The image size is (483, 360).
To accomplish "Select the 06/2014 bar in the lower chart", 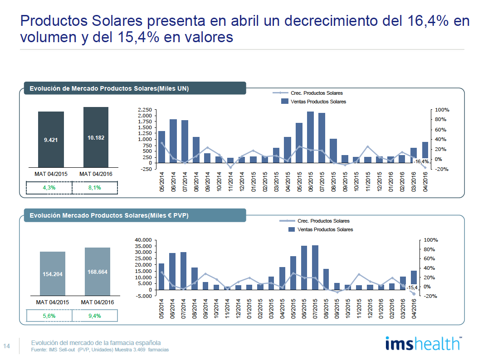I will pyautogui.click(x=172, y=271).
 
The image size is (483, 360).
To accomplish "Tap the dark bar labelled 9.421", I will pyautogui.click(x=51, y=139).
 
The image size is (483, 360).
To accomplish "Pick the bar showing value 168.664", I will pyautogui.click(x=97, y=272).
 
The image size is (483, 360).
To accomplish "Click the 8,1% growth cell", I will pyautogui.click(x=95, y=188).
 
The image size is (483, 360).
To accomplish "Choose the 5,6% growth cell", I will pyautogui.click(x=49, y=316).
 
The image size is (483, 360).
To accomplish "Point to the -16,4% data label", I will pyautogui.click(x=421, y=161).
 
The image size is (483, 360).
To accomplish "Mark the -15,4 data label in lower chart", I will pyautogui.click(x=412, y=287).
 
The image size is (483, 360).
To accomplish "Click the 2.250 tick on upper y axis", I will pyautogui.click(x=145, y=110).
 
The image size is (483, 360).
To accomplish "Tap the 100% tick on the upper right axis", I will pyautogui.click(x=442, y=110).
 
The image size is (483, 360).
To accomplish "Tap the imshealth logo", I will pyautogui.click(x=422, y=343).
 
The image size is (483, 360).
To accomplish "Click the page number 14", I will pyautogui.click(x=7, y=346).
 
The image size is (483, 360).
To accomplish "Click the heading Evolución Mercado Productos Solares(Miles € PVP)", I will pyautogui.click(x=109, y=216).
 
